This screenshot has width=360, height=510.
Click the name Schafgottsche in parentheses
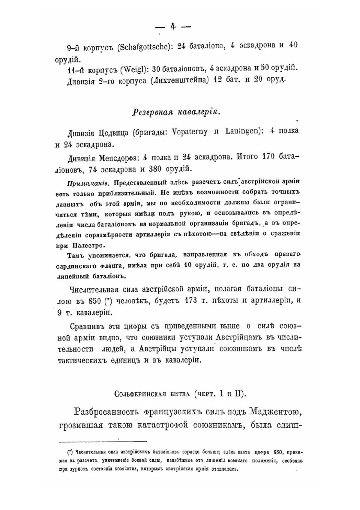coord(145,47)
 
